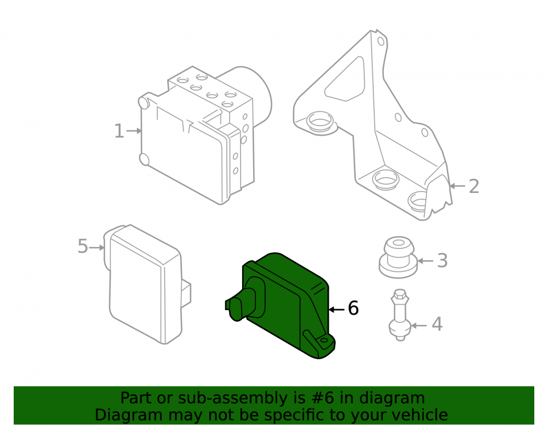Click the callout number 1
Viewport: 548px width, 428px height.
tap(119, 131)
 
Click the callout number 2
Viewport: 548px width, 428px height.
tap(474, 186)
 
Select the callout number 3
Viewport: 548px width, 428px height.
tap(442, 261)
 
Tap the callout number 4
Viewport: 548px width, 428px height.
tap(437, 324)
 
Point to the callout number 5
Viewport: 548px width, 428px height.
tap(83, 246)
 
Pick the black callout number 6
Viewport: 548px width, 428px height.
tap(353, 308)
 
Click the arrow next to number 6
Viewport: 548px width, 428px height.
tap(336, 310)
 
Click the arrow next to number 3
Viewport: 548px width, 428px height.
tap(425, 261)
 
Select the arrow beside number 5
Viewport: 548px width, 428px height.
tap(97, 248)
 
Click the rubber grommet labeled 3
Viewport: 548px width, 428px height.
tap(398, 258)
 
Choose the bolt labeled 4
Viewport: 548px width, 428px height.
tap(399, 315)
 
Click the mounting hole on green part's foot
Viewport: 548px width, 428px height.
tap(324, 340)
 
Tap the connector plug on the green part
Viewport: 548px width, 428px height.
tap(241, 304)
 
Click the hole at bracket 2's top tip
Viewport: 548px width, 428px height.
tap(381, 42)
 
